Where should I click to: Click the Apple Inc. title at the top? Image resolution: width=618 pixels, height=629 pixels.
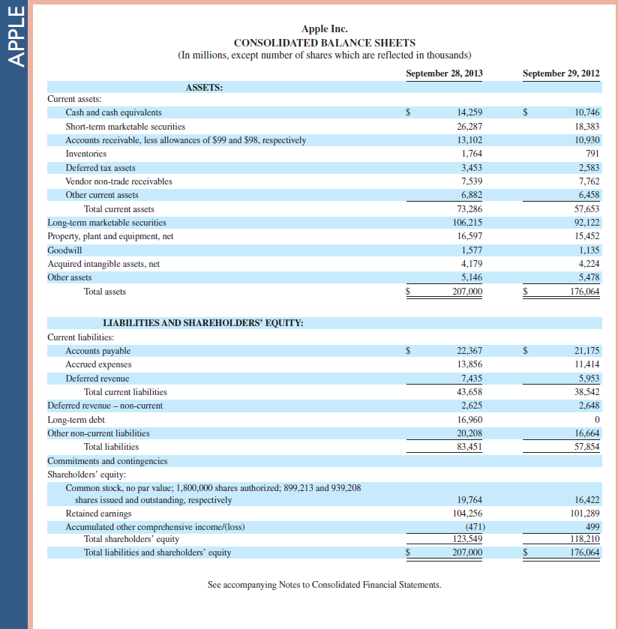324,29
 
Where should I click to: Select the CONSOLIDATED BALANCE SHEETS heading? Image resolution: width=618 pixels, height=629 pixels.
324,43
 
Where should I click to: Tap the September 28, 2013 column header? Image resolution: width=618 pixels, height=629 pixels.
444,73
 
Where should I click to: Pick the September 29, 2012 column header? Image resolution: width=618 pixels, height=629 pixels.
561,73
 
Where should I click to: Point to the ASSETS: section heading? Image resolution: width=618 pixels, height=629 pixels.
204,88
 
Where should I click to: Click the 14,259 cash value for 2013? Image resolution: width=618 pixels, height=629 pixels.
469,112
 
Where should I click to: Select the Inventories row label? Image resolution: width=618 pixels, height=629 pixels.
86,154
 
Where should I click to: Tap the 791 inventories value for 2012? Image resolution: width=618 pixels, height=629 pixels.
592,154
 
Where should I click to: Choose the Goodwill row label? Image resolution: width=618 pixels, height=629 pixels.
64,250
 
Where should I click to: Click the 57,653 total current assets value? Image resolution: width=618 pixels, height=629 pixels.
586,209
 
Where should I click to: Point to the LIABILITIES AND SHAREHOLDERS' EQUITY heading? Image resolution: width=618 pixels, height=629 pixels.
202,323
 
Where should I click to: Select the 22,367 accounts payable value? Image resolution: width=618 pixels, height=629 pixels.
469,351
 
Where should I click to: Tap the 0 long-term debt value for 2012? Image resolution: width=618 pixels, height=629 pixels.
596,420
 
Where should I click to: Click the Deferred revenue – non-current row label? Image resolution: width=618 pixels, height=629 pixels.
105,406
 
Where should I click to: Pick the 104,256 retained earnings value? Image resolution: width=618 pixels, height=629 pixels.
466,514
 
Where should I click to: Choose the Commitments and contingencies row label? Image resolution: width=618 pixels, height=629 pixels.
107,461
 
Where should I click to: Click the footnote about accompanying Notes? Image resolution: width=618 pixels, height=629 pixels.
324,584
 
